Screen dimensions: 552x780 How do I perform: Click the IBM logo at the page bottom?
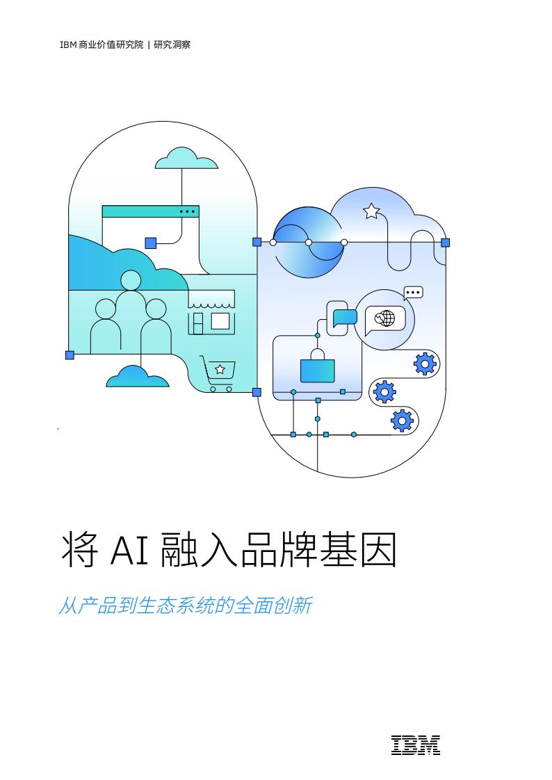pos(415,745)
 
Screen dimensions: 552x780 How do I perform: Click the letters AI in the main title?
pos(129,550)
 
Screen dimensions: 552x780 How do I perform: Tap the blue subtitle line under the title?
pos(186,606)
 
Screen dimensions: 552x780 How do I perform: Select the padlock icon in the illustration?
pos(317,366)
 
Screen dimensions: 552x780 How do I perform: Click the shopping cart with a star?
pos(218,373)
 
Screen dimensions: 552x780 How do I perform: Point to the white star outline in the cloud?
pos(371,211)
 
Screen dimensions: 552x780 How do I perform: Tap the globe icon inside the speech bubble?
pos(384,318)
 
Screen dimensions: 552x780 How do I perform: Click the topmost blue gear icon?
pos(425,363)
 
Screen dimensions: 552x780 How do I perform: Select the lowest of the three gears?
pos(402,421)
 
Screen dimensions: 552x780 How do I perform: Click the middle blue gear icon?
pos(384,391)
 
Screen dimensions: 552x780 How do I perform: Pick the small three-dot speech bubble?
pos(413,293)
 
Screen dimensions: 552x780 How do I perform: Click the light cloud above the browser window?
pos(186,159)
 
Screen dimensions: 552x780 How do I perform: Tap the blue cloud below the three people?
pos(137,377)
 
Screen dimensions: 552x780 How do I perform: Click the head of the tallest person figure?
pos(131,280)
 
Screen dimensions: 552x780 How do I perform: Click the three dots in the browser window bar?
pos(187,211)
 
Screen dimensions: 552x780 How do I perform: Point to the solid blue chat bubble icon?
pos(345,318)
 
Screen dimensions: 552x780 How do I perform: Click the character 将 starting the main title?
pos(79,550)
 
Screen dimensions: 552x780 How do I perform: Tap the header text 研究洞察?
pos(172,44)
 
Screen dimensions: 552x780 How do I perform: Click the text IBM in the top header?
pos(68,44)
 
